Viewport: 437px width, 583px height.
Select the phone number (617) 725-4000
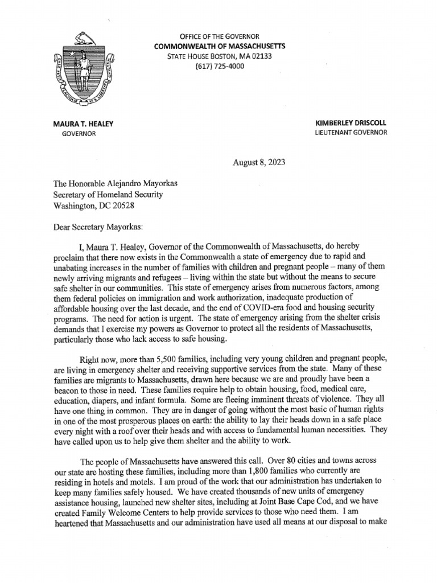219,66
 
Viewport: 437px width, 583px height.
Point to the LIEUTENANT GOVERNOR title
351,133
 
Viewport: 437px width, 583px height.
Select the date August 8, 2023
259,162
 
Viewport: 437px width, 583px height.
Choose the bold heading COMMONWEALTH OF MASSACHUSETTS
220,46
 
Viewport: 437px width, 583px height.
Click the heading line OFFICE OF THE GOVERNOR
220,36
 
